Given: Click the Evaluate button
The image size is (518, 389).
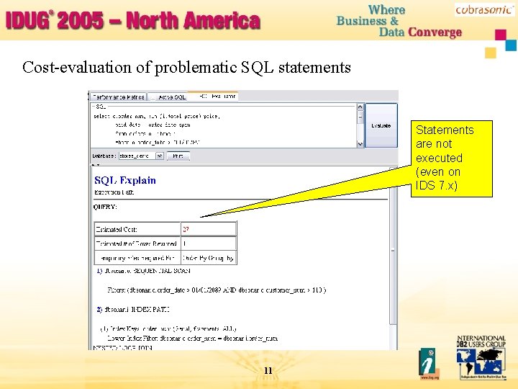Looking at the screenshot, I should point(381,125).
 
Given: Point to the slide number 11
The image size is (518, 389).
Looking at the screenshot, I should point(268,371).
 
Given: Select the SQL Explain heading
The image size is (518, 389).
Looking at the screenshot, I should point(125,180).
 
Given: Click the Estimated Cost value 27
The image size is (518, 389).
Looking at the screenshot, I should point(186,228).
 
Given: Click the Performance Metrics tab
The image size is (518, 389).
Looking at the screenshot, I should point(118,97).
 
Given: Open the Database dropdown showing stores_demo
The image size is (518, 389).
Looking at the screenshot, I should point(142,156).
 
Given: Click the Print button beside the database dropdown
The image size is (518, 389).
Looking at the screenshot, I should point(178,156).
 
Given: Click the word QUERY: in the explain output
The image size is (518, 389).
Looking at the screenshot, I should point(106,207).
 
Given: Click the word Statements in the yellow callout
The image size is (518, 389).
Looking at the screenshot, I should point(445,130).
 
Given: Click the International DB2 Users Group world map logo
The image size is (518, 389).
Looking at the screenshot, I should point(480,359).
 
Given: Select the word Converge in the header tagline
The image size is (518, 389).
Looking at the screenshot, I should point(435,32).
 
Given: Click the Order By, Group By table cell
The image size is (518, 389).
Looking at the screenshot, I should point(208,257).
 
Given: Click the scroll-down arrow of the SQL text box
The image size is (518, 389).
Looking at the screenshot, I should point(360,144).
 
